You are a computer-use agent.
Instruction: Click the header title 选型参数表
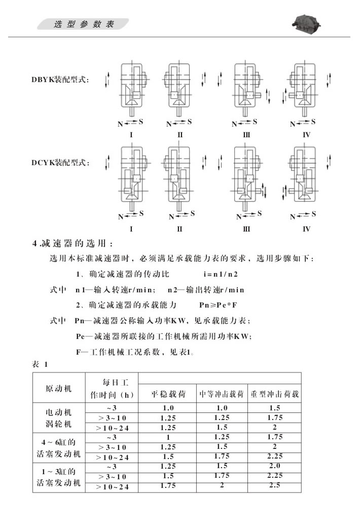coord(84,24)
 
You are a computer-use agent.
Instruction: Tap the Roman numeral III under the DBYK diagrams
coord(247,135)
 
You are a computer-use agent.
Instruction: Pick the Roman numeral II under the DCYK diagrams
coord(179,229)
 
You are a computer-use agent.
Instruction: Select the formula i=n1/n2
coord(220,275)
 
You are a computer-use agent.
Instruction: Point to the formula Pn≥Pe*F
coord(219,306)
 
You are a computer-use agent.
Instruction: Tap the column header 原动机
coord(59,389)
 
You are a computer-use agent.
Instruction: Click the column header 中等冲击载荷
coord(221,394)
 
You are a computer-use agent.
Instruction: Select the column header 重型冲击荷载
coord(274,394)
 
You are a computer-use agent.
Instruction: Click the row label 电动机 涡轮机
coord(59,417)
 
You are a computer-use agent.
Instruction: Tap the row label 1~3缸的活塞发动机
coord(59,477)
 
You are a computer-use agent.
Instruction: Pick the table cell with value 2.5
coord(274,486)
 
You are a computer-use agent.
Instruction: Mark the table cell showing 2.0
coord(274,466)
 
